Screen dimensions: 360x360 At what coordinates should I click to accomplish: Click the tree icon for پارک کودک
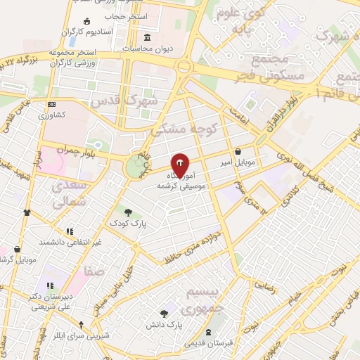[x=128, y=211]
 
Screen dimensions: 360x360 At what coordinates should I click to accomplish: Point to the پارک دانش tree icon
[x=164, y=314]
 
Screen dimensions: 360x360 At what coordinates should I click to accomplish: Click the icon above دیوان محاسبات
[x=147, y=37]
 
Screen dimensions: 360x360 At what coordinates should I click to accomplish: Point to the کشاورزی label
[x=51, y=115]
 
